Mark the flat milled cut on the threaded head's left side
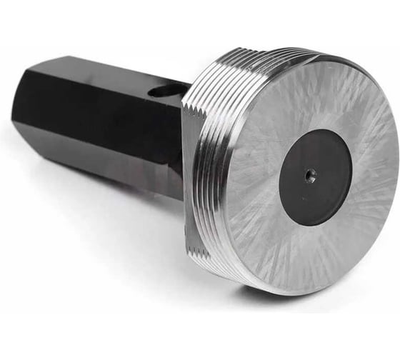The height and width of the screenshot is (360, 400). [x=189, y=179]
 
